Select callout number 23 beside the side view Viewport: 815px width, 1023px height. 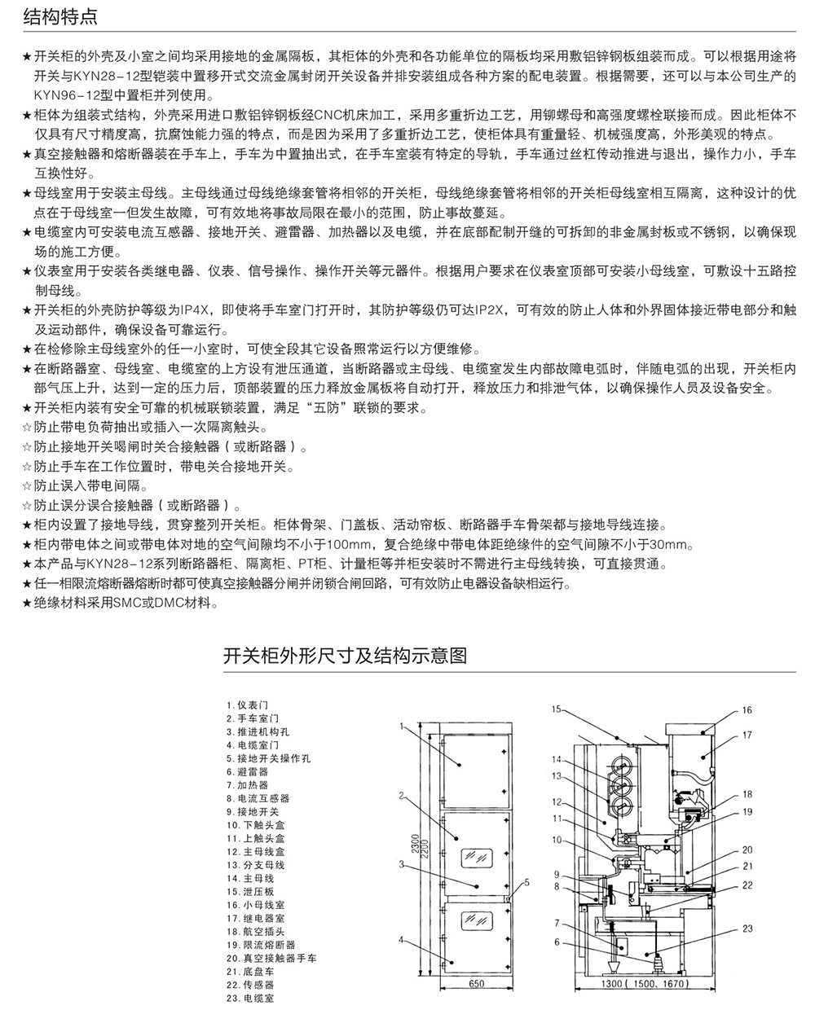coord(747,927)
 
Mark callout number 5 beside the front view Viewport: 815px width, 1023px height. coord(526,880)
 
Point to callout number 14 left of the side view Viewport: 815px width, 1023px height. coord(557,760)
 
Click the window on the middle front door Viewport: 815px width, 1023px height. coord(477,857)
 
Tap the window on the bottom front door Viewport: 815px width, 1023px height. coord(477,920)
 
